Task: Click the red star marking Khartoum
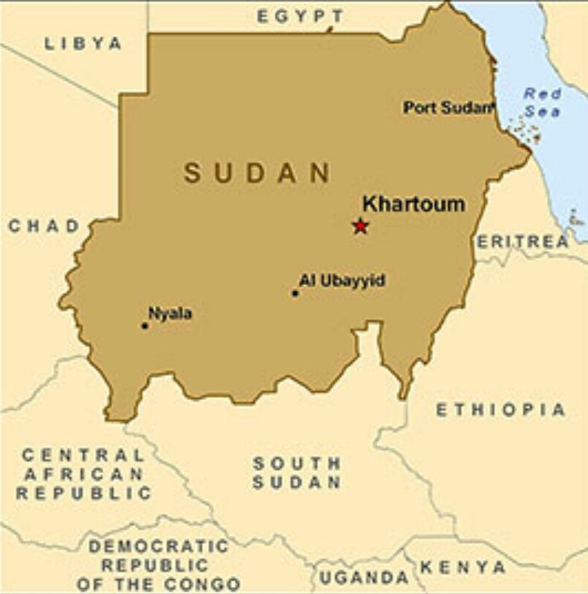click(x=360, y=226)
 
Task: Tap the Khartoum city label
click(x=414, y=203)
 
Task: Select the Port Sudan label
click(x=448, y=108)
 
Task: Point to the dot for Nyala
click(x=145, y=326)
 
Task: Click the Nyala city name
click(x=170, y=313)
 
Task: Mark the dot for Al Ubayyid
click(x=295, y=293)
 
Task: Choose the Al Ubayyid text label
click(x=342, y=281)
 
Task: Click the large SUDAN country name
click(x=257, y=173)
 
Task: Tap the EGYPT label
click(x=300, y=16)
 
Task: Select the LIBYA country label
click(x=83, y=43)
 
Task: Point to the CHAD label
click(x=44, y=226)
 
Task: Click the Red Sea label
click(x=542, y=103)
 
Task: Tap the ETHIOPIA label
click(x=500, y=410)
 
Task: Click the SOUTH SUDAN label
click(x=297, y=473)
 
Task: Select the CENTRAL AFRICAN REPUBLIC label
click(x=83, y=474)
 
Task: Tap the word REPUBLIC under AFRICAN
click(x=83, y=494)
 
